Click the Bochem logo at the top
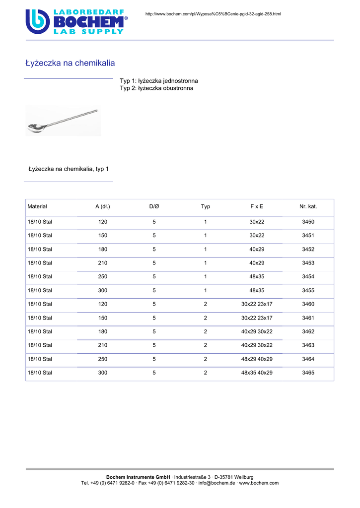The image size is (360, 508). (76, 21)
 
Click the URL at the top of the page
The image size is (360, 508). (213, 13)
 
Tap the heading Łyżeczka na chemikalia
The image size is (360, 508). (70, 63)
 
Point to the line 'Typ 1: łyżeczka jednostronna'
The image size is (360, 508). (159, 80)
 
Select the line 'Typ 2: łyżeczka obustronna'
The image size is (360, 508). (156, 88)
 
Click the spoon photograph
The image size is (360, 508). (63, 121)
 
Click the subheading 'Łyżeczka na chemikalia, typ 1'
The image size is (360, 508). (69, 169)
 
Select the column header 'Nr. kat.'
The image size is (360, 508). (308, 206)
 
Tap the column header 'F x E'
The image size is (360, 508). (257, 206)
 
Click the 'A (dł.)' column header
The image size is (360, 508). (103, 206)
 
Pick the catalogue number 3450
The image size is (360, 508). (308, 222)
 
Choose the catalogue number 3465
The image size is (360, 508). (308, 372)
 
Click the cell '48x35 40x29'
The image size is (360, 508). (257, 372)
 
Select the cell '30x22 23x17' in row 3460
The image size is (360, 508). (257, 304)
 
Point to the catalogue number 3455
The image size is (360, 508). (308, 290)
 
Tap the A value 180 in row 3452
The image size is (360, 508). (103, 249)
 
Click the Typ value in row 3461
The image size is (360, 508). (206, 317)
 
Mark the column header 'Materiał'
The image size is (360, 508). (37, 206)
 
